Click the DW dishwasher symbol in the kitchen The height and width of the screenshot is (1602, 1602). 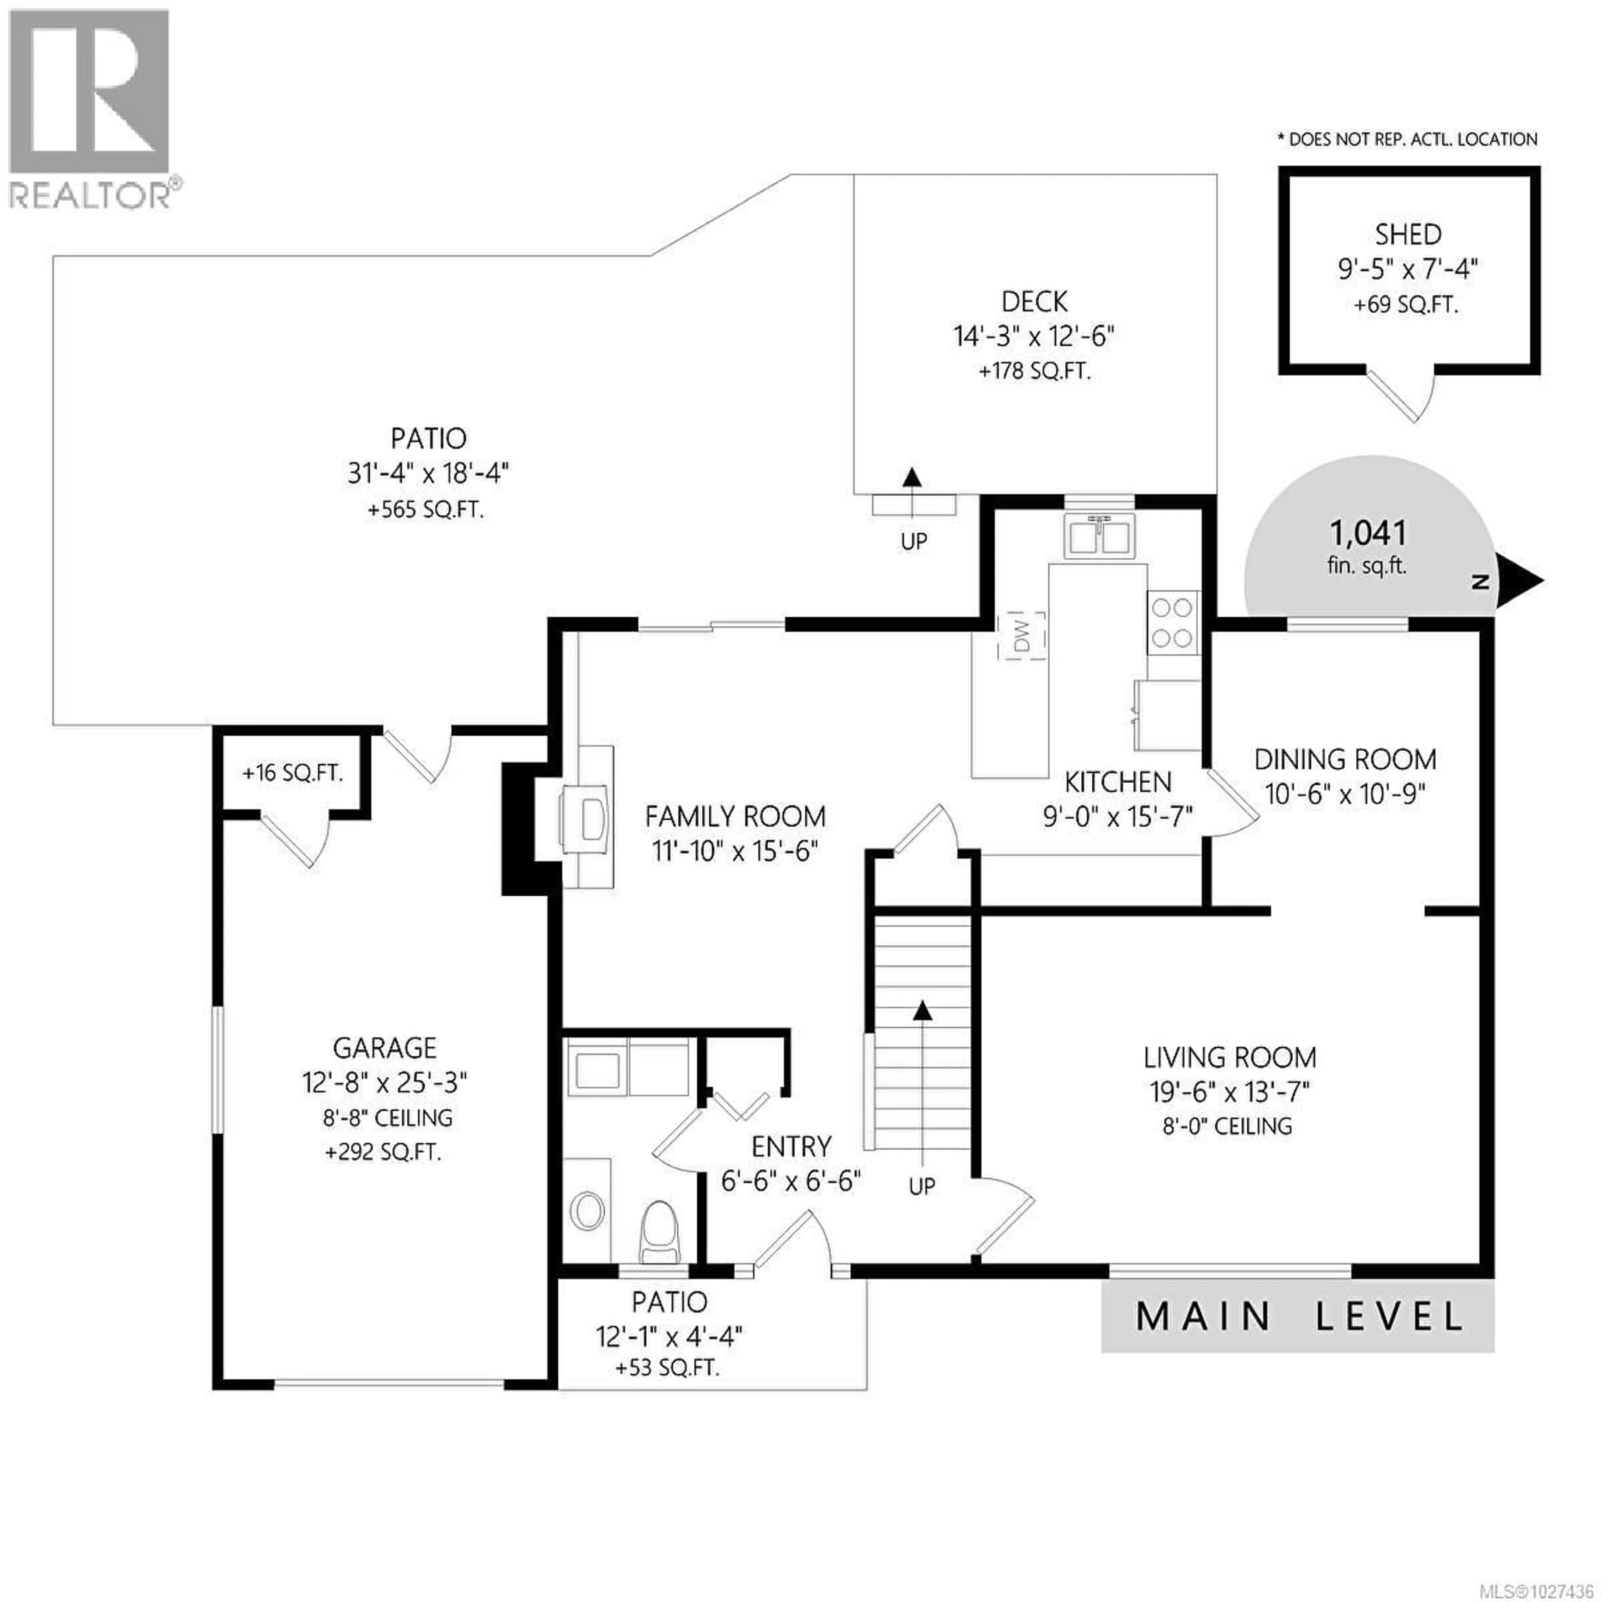[1025, 636]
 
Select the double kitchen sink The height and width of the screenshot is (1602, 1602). [1101, 535]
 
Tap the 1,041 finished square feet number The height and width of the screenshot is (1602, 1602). [1368, 533]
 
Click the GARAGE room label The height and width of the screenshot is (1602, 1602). [385, 1048]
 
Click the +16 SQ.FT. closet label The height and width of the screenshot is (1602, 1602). [292, 773]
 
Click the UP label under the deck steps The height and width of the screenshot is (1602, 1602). [914, 542]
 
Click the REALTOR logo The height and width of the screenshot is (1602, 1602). [90, 108]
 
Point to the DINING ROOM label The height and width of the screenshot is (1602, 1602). [1345, 760]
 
